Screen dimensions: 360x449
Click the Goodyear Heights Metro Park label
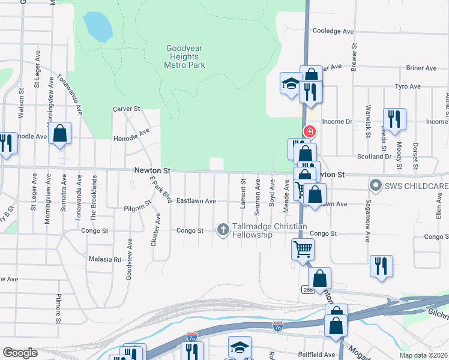coord(185,56)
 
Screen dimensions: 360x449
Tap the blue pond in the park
coord(98,26)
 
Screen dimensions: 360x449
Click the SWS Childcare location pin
coord(376,185)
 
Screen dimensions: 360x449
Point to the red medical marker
coord(310,131)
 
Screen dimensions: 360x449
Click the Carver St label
coord(126,109)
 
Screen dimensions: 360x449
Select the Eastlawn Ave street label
coord(196,201)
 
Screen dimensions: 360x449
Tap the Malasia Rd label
coord(105,260)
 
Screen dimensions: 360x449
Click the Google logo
coord(20,353)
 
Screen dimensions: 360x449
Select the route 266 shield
coord(308,290)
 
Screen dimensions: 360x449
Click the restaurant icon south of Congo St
coord(381,266)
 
